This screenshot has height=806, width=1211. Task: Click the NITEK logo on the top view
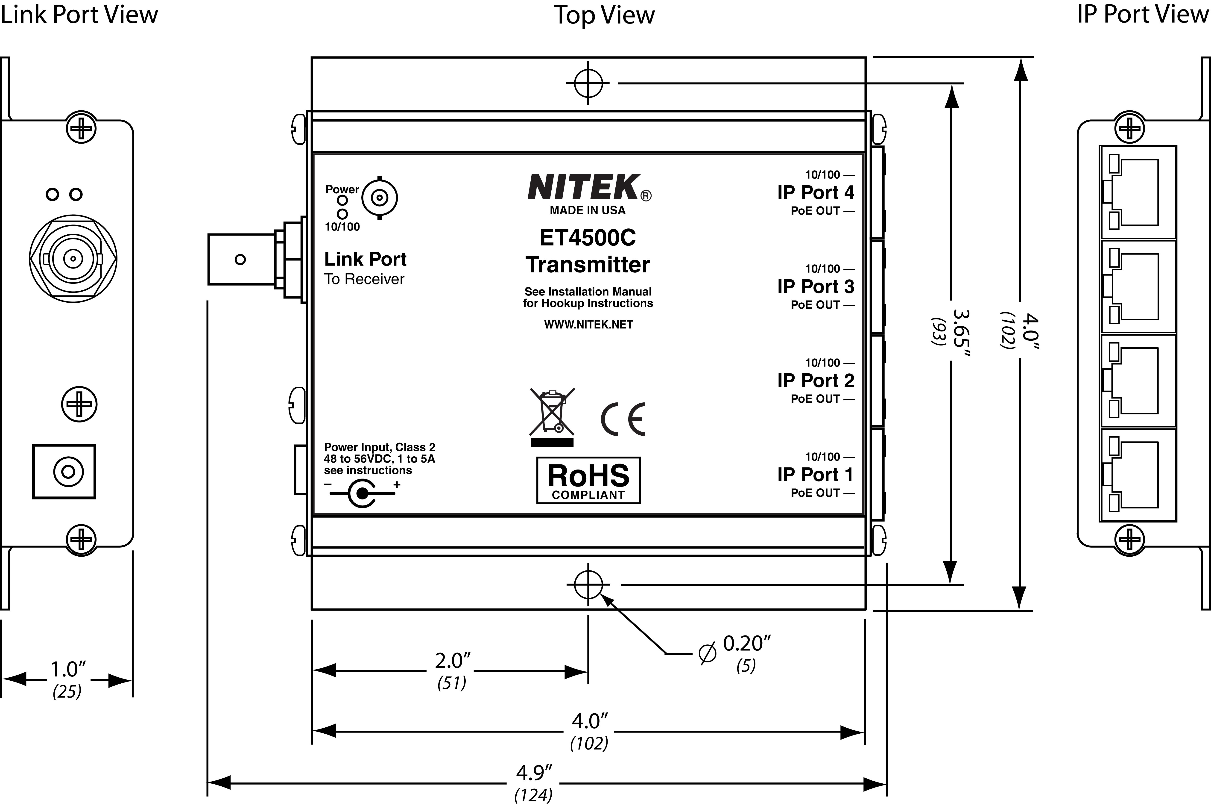584,188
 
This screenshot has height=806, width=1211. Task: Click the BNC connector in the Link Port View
73,259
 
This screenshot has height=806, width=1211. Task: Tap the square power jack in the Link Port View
64,471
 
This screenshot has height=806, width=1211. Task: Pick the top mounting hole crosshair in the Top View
588,83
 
